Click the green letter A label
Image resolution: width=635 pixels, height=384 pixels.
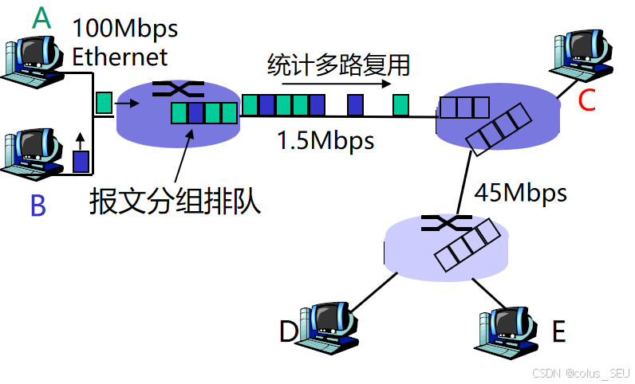tap(41, 18)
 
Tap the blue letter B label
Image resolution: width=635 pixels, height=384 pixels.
tap(37, 206)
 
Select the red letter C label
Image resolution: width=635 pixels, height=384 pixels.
tap(586, 100)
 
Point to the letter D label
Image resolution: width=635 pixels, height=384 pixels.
tap(288, 331)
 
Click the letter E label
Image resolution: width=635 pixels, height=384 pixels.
tap(558, 331)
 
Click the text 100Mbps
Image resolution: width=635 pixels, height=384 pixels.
tap(125, 29)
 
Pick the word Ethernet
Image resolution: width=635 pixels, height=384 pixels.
tap(120, 57)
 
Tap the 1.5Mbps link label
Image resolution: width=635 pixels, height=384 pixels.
tap(325, 141)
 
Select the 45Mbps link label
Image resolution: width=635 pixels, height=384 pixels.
tap(520, 193)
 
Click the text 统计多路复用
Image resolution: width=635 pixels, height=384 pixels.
tap(338, 64)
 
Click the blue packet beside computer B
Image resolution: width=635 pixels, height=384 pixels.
tap(81, 162)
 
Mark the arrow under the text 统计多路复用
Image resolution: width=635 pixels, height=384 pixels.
tap(336, 83)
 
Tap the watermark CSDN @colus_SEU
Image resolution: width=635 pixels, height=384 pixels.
tap(580, 373)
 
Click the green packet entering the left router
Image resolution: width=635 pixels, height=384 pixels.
tap(104, 103)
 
